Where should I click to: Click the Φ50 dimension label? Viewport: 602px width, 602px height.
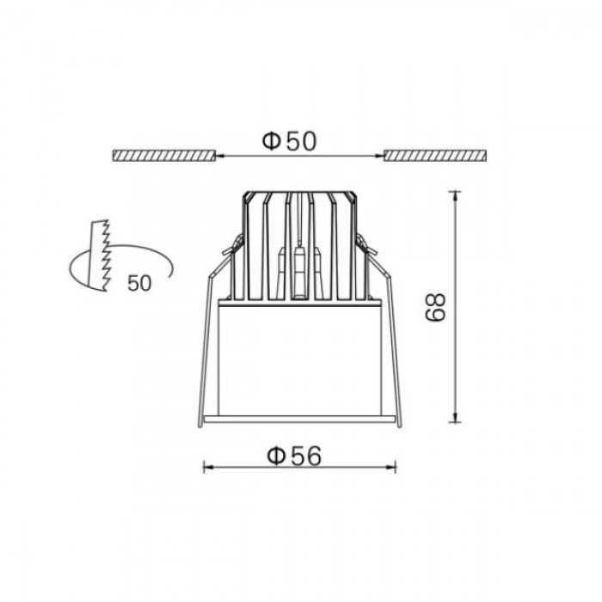point(290,140)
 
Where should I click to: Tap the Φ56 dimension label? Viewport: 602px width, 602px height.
point(294,456)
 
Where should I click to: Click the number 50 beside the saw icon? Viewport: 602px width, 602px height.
point(139,283)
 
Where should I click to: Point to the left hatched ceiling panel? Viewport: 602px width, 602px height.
point(163,156)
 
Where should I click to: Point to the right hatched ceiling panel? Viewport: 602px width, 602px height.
point(436,156)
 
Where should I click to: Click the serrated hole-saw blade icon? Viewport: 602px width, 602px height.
point(99,255)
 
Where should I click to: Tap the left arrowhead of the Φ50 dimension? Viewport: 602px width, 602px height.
point(218,156)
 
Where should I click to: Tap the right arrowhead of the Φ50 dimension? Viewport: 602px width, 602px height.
point(380,156)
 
